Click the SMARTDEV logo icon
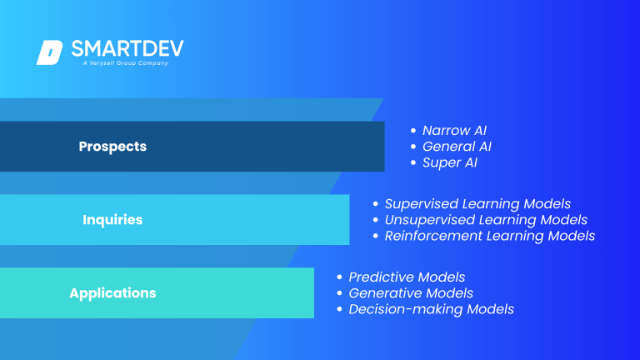click(49, 52)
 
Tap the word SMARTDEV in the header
click(127, 48)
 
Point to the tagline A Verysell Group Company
click(125, 63)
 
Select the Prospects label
click(112, 147)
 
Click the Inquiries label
click(112, 220)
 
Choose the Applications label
click(112, 293)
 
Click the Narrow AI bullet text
click(454, 131)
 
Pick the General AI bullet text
click(457, 147)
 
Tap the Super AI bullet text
click(450, 162)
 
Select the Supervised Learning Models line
click(477, 204)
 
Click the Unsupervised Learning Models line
click(486, 220)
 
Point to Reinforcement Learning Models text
click(489, 236)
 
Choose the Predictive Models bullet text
click(407, 277)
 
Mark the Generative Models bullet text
click(411, 293)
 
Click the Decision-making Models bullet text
click(431, 309)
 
